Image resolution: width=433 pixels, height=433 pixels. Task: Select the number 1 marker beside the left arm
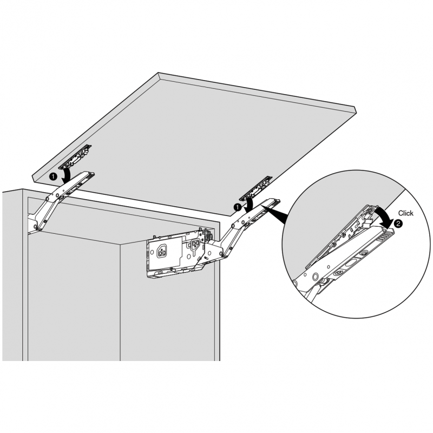pyautogui.click(x=53, y=176)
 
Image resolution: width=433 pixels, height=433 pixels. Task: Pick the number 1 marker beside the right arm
pyautogui.click(x=237, y=207)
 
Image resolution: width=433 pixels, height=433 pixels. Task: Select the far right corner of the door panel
pyautogui.click(x=358, y=109)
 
